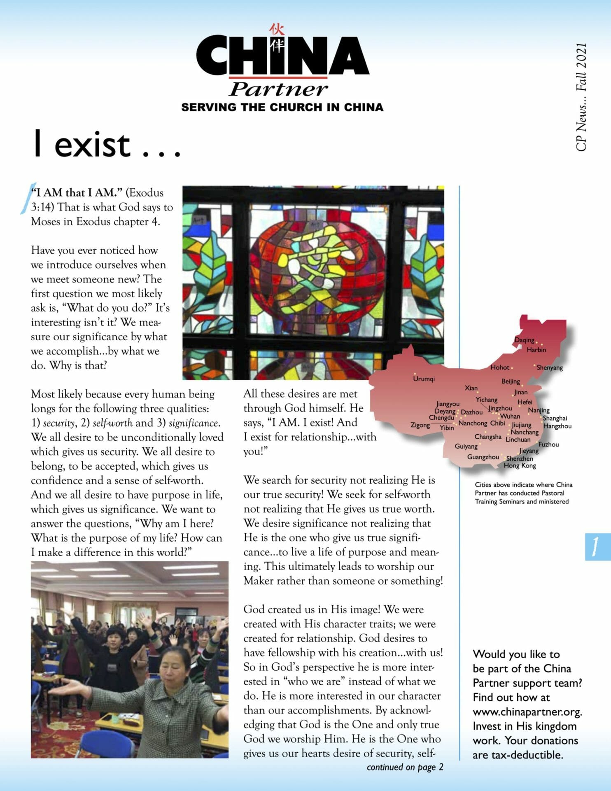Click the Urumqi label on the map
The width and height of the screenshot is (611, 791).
point(424,379)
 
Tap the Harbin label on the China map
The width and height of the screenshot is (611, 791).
point(536,350)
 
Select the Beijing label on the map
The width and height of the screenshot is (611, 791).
point(510,381)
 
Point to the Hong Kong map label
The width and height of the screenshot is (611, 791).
point(520,466)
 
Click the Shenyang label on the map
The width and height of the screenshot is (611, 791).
point(549,367)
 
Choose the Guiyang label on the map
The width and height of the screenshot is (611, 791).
point(466,446)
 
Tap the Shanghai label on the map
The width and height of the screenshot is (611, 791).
point(555,418)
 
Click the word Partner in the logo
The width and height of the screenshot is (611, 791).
point(278,89)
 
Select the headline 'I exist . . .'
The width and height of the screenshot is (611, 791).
point(107,145)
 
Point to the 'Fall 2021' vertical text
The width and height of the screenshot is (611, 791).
point(581,67)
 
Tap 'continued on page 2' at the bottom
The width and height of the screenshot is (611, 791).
point(405,767)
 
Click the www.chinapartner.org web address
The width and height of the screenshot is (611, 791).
point(527,712)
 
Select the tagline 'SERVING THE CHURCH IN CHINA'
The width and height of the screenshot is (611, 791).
point(282,108)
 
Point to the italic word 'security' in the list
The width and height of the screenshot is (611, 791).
point(58,423)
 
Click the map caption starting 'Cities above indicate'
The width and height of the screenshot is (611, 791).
point(523,493)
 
